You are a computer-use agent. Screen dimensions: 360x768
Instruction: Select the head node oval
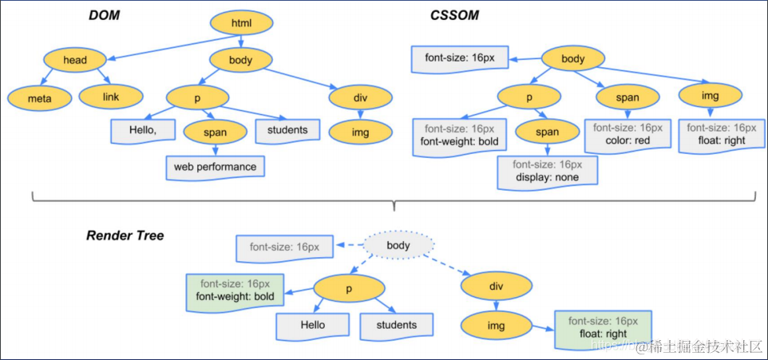tap(75, 59)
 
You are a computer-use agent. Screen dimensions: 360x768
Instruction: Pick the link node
tap(111, 97)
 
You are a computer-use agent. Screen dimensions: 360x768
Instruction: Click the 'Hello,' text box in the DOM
tap(141, 130)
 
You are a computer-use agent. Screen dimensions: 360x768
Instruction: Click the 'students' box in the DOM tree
tap(287, 130)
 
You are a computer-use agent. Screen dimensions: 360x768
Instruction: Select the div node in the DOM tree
tap(360, 97)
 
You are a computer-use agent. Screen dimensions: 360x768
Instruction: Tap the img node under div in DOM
tap(360, 132)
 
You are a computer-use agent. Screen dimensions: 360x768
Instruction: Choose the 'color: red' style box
tap(623, 133)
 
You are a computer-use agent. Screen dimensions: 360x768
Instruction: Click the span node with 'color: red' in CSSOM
tap(628, 97)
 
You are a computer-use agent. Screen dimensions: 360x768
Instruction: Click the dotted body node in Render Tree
tap(398, 245)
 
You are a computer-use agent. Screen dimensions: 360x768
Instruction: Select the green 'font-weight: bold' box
tap(235, 291)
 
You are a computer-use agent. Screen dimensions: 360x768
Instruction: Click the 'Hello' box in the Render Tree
tap(313, 325)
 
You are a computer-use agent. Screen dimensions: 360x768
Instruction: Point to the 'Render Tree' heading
tap(125, 236)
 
